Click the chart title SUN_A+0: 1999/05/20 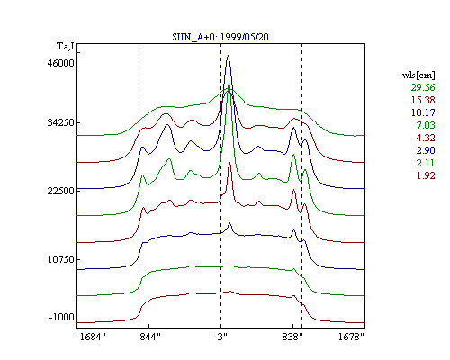click(220, 37)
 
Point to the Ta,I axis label click(66, 47)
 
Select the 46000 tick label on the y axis click(60, 63)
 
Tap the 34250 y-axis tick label click(60, 122)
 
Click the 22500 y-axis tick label click(60, 191)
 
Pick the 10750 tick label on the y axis click(61, 259)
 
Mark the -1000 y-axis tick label click(61, 317)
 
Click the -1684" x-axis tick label click(92, 337)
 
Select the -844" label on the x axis click(148, 337)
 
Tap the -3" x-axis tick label click(220, 337)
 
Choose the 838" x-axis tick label click(292, 337)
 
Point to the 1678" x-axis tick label click(351, 337)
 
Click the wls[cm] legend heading click(418, 76)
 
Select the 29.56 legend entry click(423, 87)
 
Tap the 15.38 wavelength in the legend click(423, 100)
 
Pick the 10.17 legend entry click(423, 112)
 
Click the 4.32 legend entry click(426, 138)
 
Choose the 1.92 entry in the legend click(426, 175)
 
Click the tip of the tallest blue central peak click(229, 56)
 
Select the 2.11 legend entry click(426, 163)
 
